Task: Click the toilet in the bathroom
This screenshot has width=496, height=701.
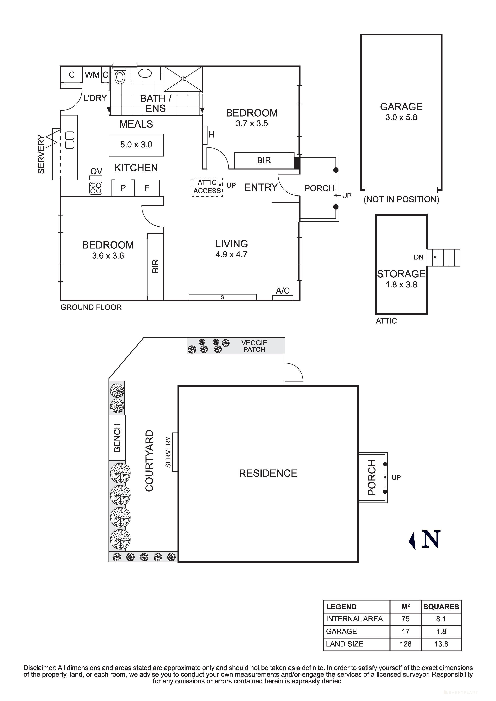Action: click(120, 77)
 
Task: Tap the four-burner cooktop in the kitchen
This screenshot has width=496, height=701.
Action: click(96, 188)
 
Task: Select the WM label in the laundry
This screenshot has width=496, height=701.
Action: click(92, 75)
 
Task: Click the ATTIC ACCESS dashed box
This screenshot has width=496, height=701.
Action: click(207, 187)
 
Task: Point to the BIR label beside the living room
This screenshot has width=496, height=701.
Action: click(155, 266)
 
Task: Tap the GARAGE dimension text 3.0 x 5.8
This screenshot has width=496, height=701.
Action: click(401, 117)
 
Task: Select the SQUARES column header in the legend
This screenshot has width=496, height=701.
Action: click(441, 607)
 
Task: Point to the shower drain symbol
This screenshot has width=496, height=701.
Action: click(183, 79)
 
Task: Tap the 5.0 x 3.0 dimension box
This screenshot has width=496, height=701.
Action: click(136, 145)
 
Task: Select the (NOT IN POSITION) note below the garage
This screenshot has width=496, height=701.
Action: click(401, 199)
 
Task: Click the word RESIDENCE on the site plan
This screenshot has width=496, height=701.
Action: click(268, 473)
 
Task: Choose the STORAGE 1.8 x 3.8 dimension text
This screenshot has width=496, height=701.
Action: click(401, 285)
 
